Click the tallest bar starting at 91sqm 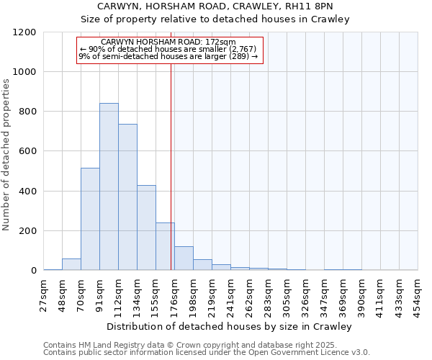pos(109,186)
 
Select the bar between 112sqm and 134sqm pos(127,197)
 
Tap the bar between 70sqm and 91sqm pos(90,219)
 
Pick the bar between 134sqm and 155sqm pos(146,228)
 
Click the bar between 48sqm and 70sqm pos(71,264)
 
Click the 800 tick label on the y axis pos(27,112)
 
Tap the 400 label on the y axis pos(27,192)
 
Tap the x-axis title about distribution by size pos(230,327)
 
